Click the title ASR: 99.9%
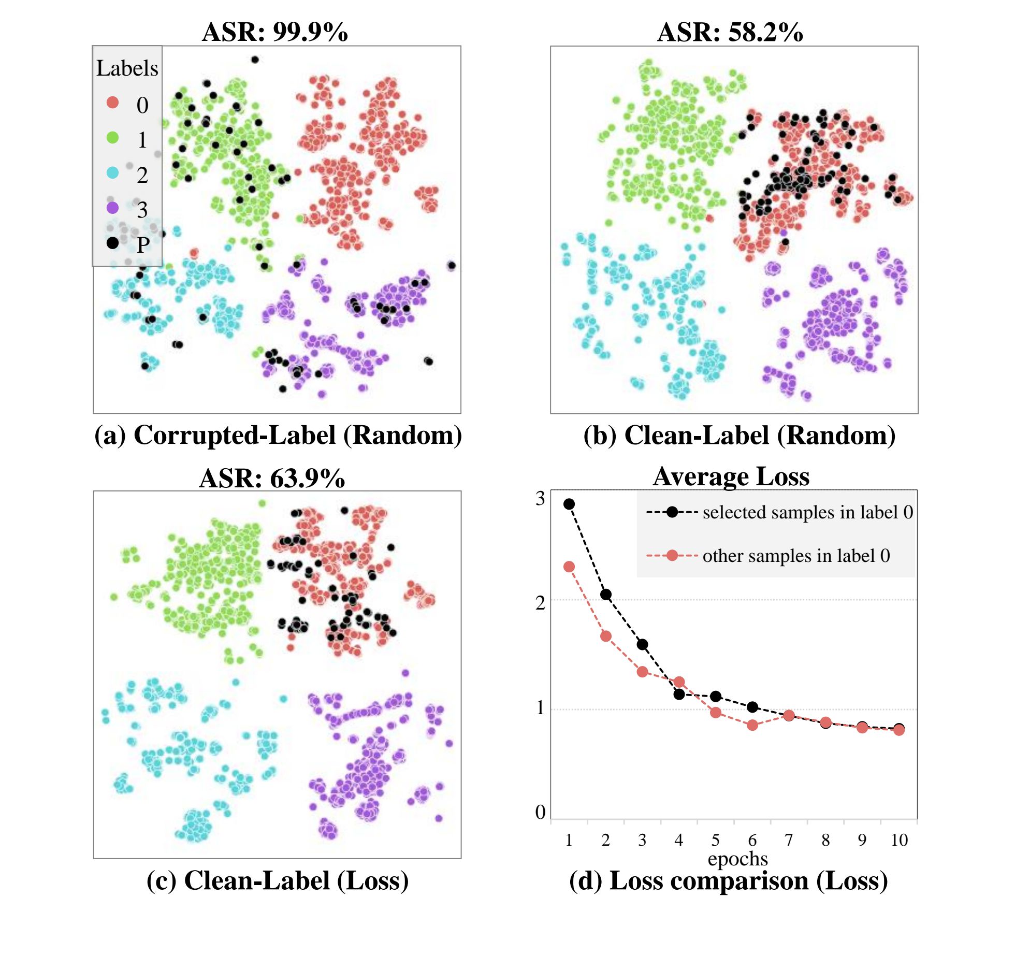(274, 32)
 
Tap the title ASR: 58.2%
(730, 32)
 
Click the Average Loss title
(731, 476)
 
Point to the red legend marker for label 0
(112, 103)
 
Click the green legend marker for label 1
(112, 138)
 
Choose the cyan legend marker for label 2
(112, 173)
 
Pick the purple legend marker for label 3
(112, 208)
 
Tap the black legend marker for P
(112, 243)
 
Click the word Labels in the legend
(127, 68)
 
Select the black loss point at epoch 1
(569, 504)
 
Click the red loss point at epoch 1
(569, 567)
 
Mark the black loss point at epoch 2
(606, 595)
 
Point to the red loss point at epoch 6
(752, 725)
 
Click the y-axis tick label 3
(540, 499)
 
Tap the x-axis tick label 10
(899, 840)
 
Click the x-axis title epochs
(737, 859)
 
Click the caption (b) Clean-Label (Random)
(740, 435)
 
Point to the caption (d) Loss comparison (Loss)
(728, 881)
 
